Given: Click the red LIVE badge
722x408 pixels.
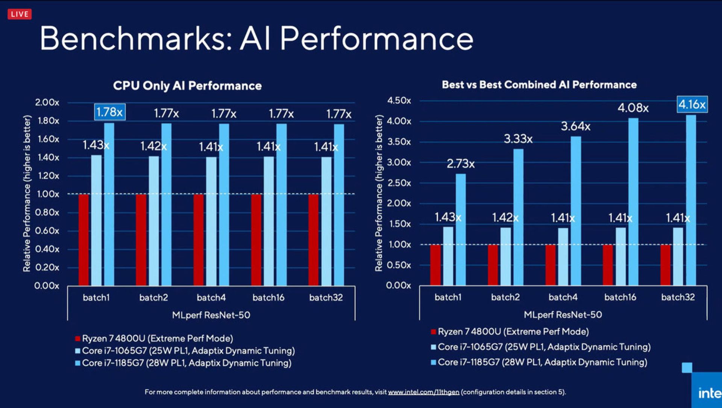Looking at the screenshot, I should click(x=20, y=14).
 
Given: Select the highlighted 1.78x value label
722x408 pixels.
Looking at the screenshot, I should click(x=109, y=112).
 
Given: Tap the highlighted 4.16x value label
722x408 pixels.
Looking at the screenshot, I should click(x=692, y=104).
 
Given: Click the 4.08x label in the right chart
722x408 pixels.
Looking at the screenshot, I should click(x=633, y=108).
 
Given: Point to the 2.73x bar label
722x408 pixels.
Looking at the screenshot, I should click(x=461, y=164).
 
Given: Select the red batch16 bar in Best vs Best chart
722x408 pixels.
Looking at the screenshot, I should click(x=608, y=265).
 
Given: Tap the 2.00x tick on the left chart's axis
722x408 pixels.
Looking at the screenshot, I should click(x=47, y=102).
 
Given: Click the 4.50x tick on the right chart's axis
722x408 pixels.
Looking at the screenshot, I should click(x=399, y=101).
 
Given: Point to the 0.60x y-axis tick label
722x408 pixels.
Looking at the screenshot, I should click(x=47, y=231).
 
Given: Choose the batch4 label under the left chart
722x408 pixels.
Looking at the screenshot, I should click(x=211, y=297).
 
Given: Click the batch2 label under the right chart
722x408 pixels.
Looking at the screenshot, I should click(x=505, y=297).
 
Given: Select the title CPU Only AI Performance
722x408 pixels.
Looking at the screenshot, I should click(x=187, y=86).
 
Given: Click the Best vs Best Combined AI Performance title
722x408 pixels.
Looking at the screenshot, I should click(x=539, y=85).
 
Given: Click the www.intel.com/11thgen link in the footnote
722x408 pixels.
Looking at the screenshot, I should click(x=423, y=392).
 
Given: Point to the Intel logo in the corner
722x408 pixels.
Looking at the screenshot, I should click(x=709, y=393).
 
